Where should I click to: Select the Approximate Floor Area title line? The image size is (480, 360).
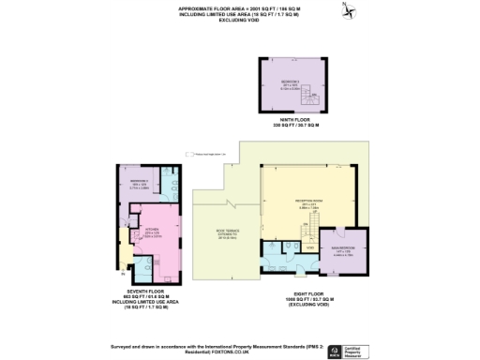240,8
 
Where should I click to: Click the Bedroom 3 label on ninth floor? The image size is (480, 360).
291,83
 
